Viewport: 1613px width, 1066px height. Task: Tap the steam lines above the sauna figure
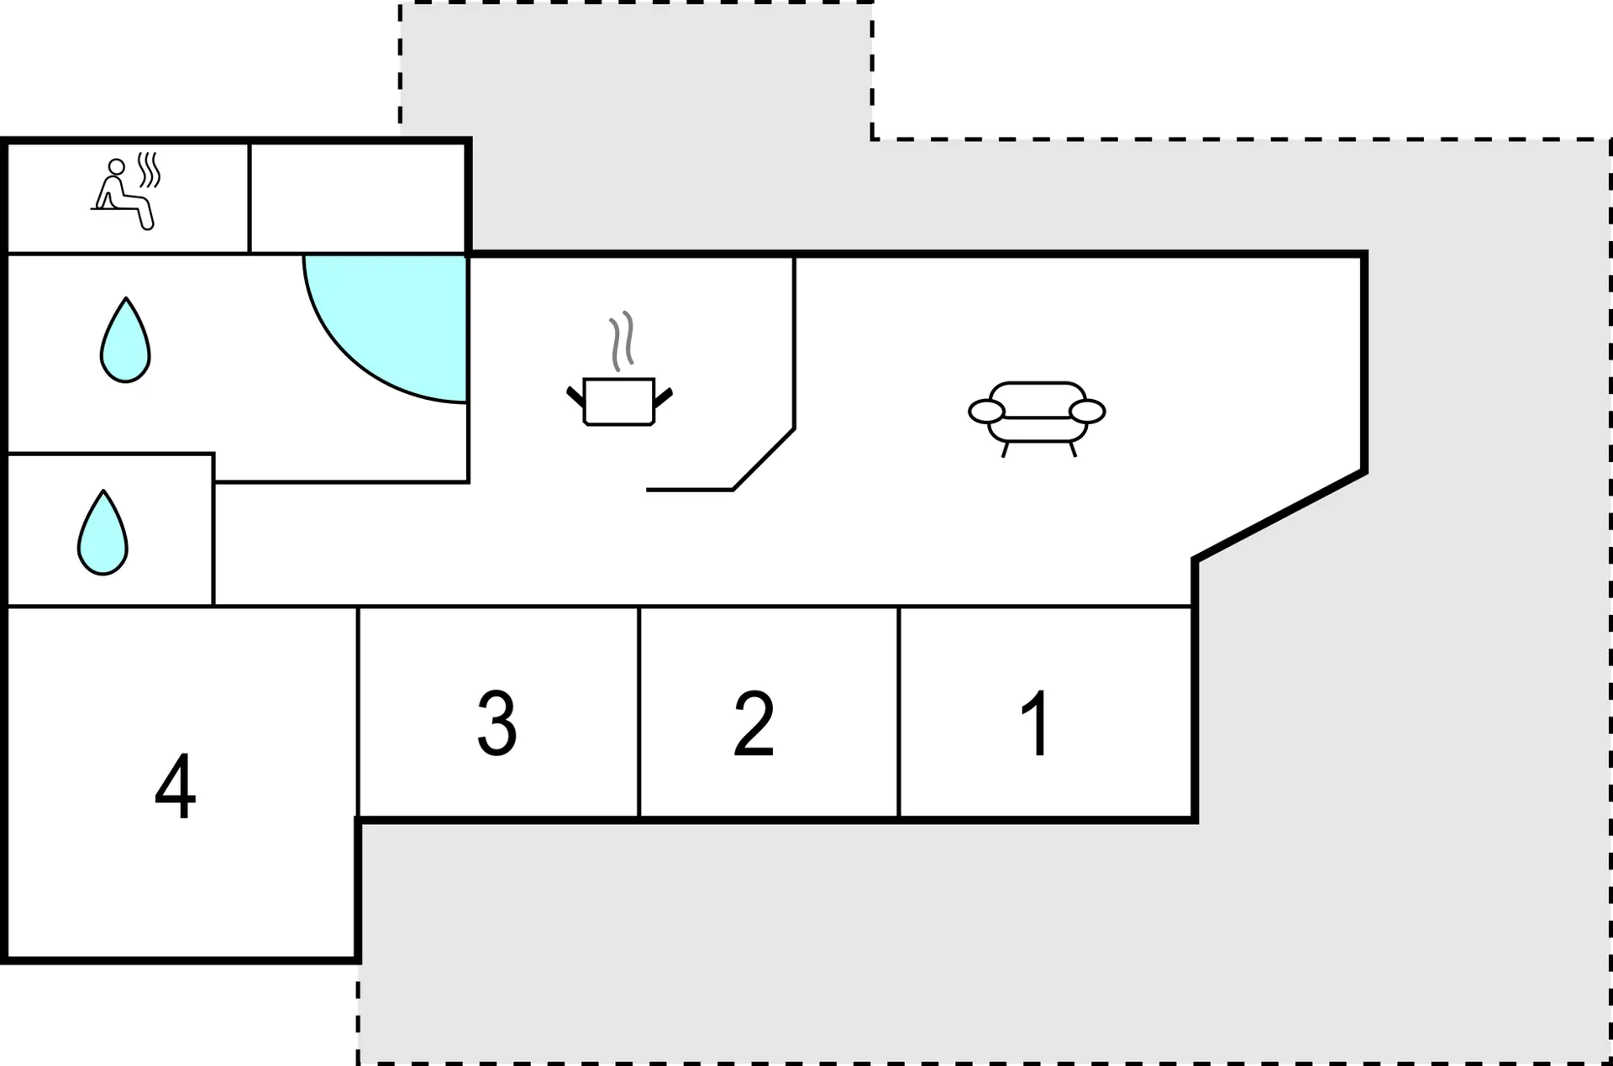pos(149,170)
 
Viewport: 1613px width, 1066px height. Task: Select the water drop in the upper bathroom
pos(125,340)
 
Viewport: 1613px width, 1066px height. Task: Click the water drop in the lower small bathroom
pos(102,533)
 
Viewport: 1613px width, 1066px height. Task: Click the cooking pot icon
pos(619,402)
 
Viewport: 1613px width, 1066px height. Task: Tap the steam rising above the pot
pos(622,341)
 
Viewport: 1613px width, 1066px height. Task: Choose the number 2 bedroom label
pos(754,723)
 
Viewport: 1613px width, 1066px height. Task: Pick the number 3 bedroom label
pos(497,723)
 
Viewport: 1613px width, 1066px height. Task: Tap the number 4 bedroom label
pos(175,785)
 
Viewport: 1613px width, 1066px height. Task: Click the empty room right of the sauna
pos(358,197)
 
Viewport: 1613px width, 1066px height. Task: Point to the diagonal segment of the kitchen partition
pos(764,459)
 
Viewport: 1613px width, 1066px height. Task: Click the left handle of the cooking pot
pos(575,396)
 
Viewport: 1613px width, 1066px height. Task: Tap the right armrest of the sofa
pos(1087,412)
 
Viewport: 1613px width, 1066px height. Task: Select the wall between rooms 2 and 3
pos(639,712)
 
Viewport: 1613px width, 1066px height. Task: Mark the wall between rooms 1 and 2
pos(899,712)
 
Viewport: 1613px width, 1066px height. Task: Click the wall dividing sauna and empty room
pos(250,198)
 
